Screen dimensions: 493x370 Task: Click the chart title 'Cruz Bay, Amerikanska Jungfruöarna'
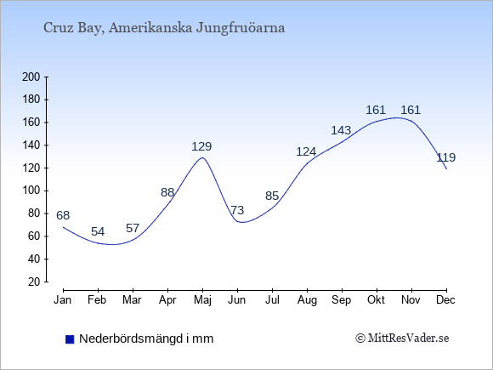click(x=164, y=28)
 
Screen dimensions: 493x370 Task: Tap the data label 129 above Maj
click(x=201, y=146)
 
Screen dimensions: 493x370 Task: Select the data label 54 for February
click(x=98, y=232)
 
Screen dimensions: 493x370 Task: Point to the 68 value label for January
click(x=63, y=215)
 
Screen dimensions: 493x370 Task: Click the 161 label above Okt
click(x=376, y=110)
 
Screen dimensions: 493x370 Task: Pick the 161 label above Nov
click(x=411, y=110)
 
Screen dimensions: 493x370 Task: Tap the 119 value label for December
click(x=446, y=157)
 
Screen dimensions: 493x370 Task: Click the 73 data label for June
click(x=237, y=210)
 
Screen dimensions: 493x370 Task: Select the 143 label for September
click(x=341, y=130)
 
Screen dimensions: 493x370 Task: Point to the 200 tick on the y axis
click(x=31, y=77)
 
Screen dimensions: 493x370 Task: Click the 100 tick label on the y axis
click(x=31, y=191)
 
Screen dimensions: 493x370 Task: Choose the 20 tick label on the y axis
click(x=34, y=282)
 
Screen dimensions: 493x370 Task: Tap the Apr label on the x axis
click(x=167, y=300)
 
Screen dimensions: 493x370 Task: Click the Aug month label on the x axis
click(x=307, y=300)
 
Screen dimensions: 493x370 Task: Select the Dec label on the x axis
click(x=446, y=300)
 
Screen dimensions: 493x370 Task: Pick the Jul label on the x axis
click(x=272, y=300)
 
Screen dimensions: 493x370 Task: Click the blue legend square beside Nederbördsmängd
click(x=70, y=339)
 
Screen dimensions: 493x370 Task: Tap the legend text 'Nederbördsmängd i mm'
click(x=146, y=339)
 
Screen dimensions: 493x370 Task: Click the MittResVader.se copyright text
click(x=402, y=339)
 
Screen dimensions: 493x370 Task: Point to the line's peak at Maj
click(x=202, y=157)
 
